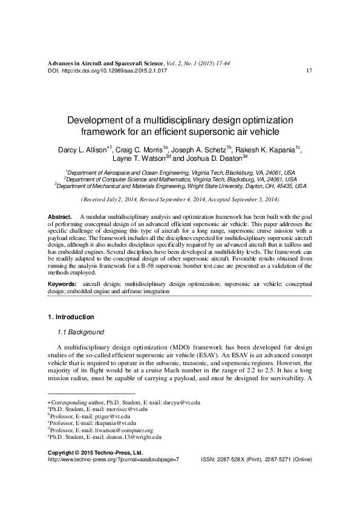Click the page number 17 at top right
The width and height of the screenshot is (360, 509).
[309, 71]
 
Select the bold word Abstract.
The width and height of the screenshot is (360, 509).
[59, 216]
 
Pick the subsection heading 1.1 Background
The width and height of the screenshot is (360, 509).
[80, 332]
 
